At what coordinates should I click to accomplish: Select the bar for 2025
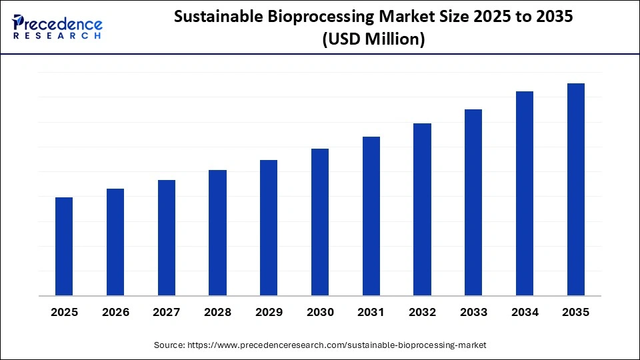[x=64, y=246]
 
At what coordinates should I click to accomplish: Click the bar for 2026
[x=115, y=242]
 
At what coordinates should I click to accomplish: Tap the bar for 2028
[x=217, y=233]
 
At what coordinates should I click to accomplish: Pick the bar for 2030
[x=320, y=222]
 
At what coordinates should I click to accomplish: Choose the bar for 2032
[x=422, y=209]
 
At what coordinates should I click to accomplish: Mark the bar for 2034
[x=525, y=193]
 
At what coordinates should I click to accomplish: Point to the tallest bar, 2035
[x=576, y=189]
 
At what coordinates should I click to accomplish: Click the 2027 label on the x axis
[x=167, y=312]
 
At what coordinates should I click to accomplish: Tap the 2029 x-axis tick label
[x=269, y=312]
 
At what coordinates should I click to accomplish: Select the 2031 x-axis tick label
[x=371, y=312]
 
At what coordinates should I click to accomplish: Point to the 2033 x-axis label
[x=473, y=312]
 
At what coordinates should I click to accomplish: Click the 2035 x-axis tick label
[x=576, y=312]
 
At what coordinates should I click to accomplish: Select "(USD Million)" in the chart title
[x=373, y=39]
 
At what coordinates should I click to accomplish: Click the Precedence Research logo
[x=57, y=27]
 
